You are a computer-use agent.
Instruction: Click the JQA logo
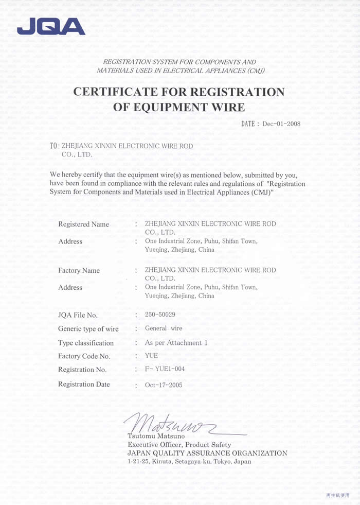(x=50, y=26)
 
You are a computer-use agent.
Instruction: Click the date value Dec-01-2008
(x=281, y=124)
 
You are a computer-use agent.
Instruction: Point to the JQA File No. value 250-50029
(x=160, y=314)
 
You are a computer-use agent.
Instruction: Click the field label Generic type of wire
(x=88, y=329)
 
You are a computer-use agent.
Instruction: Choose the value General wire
(x=164, y=328)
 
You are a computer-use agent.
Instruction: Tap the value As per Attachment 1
(x=176, y=342)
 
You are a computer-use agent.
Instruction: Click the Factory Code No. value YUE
(x=151, y=356)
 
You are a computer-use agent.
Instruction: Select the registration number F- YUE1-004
(x=165, y=369)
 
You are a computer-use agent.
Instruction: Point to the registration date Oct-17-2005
(x=164, y=385)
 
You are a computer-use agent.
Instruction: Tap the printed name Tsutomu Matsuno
(x=152, y=437)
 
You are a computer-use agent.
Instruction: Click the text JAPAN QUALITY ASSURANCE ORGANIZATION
(x=207, y=453)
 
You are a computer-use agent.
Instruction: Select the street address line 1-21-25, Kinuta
(x=189, y=462)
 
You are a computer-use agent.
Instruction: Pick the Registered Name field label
(x=84, y=224)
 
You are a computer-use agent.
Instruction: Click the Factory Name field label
(x=79, y=271)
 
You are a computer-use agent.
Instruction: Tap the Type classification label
(x=86, y=343)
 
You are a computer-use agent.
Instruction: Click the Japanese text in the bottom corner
(x=338, y=495)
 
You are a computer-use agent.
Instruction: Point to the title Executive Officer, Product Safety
(x=179, y=445)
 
